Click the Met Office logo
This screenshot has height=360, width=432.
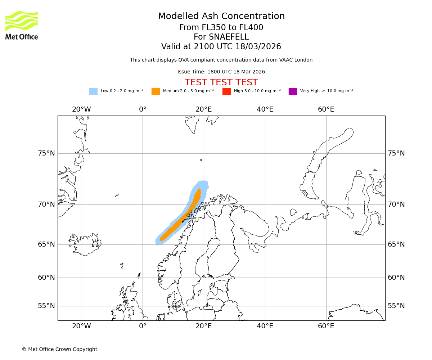pos(22,25)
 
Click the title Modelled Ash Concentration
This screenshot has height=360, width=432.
pos(221,17)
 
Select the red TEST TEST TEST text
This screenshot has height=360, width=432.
pos(221,82)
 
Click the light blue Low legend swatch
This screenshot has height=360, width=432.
pos(93,91)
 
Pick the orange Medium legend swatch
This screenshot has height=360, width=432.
pos(156,91)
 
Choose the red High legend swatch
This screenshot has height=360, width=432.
pos(226,91)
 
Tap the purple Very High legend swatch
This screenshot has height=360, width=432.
pos(293,91)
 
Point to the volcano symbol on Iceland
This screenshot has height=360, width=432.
pos(95,244)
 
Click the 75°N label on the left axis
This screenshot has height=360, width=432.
pos(46,153)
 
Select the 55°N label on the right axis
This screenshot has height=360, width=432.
pos(396,306)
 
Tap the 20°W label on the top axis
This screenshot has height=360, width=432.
pos(81,109)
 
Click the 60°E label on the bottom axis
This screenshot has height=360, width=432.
pos(326,326)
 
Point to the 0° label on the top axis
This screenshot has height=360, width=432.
pos(143,109)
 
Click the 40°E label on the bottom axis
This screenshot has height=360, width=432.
pos(265,326)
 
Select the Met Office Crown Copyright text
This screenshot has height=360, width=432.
pos(59,349)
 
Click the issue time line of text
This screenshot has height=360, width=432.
pos(221,72)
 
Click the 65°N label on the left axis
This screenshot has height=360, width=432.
pos(46,244)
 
